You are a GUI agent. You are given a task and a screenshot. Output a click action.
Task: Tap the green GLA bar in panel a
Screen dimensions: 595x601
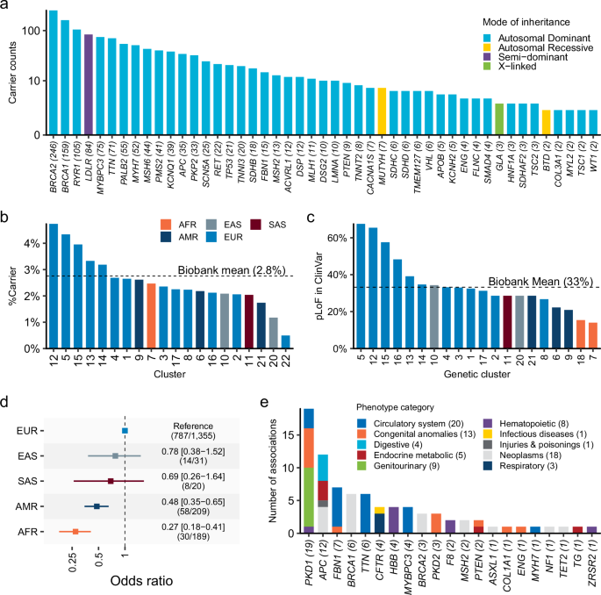click(x=499, y=119)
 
